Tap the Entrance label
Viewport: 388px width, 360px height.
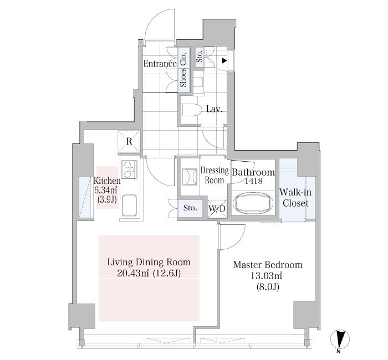click(160, 64)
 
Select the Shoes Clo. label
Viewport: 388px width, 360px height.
click(184, 70)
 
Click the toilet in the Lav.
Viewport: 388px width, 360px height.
click(188, 109)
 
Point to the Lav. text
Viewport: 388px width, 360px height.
click(214, 109)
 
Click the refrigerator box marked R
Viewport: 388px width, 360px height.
click(129, 142)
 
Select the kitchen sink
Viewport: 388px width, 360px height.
click(129, 207)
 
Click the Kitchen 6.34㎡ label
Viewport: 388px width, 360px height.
click(106, 189)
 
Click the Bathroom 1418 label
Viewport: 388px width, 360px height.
click(253, 176)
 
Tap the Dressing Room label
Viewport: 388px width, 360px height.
click(214, 176)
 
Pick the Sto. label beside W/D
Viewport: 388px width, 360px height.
click(190, 208)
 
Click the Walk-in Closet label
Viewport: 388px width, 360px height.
click(295, 198)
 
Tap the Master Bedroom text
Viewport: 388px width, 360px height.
click(267, 265)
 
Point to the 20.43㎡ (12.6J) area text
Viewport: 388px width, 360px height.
click(149, 274)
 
